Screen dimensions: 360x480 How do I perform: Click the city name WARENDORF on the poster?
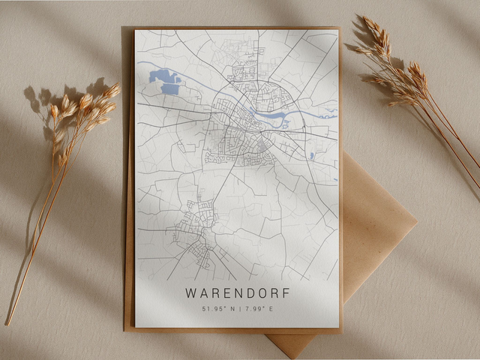coord(236,292)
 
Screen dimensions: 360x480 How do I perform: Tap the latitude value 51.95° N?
coord(218,309)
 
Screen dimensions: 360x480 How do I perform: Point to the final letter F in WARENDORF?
coord(283,292)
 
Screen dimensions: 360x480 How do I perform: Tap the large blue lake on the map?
coord(166,81)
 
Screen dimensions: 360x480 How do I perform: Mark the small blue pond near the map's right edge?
coord(311,156)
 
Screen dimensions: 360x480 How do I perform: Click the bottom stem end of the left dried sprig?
coord(9,322)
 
